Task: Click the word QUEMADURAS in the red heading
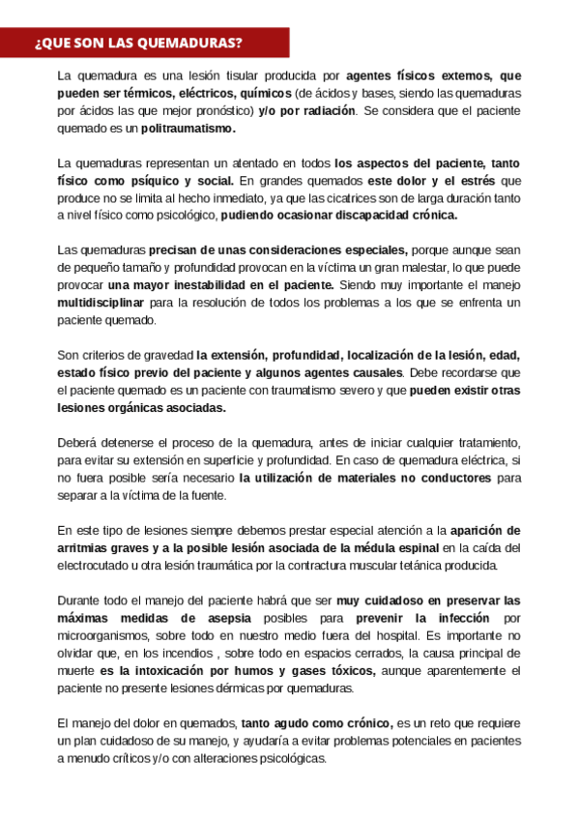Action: coord(189,44)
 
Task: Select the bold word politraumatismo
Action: coord(187,127)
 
